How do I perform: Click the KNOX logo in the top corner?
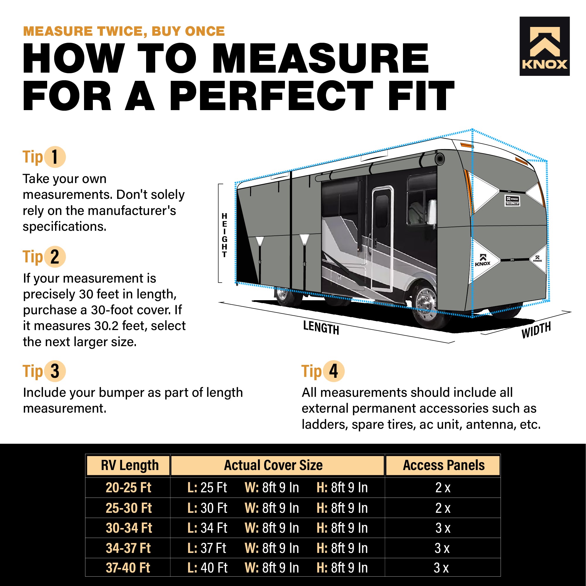coord(544,46)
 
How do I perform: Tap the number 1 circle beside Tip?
coord(55,157)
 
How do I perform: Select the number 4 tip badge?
coord(333,371)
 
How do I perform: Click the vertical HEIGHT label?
coord(224,235)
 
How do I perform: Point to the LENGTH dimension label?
coord(321,328)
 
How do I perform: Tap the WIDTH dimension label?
coord(536,330)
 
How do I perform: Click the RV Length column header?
coord(129,465)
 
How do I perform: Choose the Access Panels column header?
coord(443,465)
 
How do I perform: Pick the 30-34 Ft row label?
coord(129,528)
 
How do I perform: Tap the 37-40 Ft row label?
coord(128,568)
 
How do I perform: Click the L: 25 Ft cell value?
coord(207,488)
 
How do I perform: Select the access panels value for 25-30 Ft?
coord(443,508)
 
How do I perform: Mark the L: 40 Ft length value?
coord(207,568)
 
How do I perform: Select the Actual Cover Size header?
coord(273,465)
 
